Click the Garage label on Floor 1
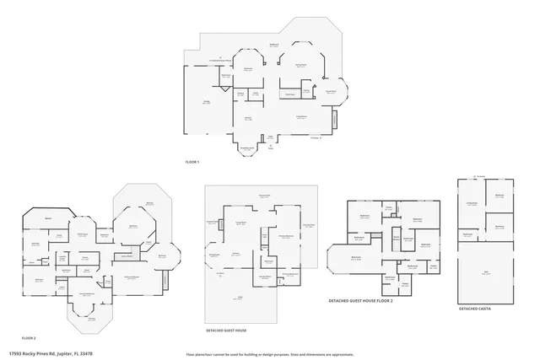[206, 102]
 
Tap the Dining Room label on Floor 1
[300, 65]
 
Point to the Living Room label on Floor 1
[300, 116]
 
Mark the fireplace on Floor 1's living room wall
[334, 120]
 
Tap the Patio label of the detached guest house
[240, 298]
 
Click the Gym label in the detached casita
[486, 274]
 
